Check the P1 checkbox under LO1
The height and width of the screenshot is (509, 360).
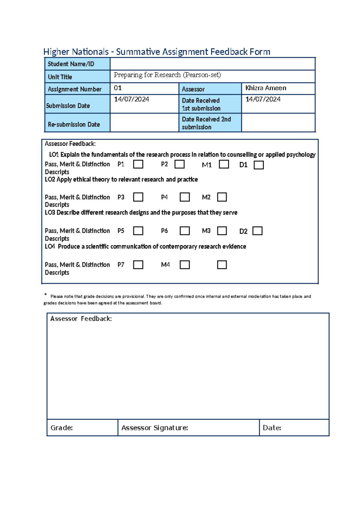[x=138, y=164]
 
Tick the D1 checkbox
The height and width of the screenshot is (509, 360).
[x=259, y=165]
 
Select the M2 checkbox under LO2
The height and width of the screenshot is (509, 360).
[x=222, y=197]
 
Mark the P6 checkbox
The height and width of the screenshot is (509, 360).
[x=184, y=231]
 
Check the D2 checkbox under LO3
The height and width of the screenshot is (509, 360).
[x=257, y=231]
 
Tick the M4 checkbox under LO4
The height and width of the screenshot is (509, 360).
[x=184, y=265]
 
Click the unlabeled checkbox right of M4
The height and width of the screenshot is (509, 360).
[x=222, y=265]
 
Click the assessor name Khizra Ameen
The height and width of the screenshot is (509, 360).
[x=265, y=88]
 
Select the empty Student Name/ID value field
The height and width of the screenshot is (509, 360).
[x=212, y=64]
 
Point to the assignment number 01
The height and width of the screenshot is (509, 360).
[x=118, y=88]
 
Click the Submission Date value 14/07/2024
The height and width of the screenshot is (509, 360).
[x=131, y=99]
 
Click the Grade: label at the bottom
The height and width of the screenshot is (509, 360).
[x=61, y=428]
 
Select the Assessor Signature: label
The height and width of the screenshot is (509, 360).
[x=154, y=428]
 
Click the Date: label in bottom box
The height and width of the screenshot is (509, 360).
[x=272, y=428]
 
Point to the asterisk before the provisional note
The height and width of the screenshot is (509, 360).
[x=46, y=295]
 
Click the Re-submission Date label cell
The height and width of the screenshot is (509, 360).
[x=74, y=124]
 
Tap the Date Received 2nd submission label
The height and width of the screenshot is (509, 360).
[x=206, y=123]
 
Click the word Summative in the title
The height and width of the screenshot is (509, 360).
[x=138, y=52]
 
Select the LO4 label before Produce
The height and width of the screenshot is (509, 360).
[x=50, y=246]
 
